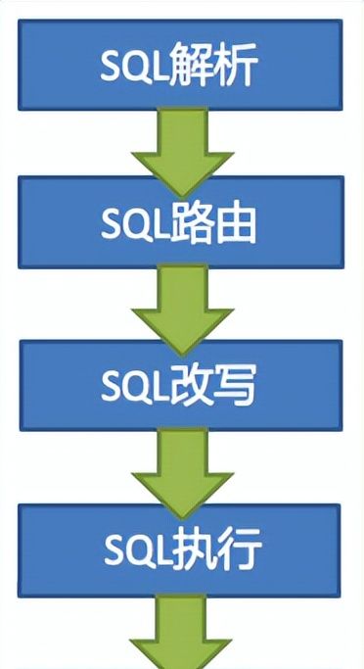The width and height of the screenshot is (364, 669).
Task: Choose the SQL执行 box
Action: [181, 554]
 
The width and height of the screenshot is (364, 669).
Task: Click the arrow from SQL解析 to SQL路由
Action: [181, 147]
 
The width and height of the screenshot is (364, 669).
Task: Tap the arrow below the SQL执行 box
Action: [181, 637]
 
